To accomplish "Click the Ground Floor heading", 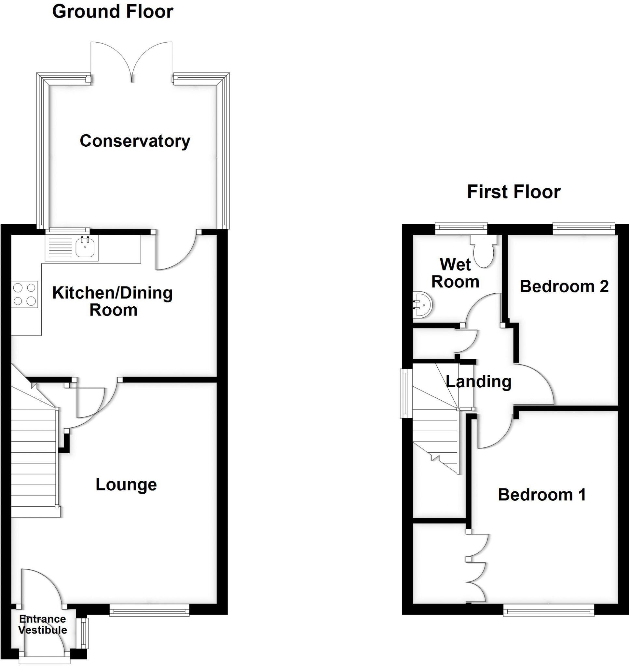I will coord(113,12).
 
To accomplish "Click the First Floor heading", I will coord(514,192).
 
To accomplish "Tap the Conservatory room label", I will coord(135,141).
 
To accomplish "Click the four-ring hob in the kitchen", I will coord(25,294).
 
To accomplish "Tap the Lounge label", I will coord(126,485).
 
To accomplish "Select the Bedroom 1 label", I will coord(542,495).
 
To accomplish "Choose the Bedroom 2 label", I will coord(564,286).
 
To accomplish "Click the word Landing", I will coord(478,381).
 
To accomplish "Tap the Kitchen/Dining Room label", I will coord(113,301).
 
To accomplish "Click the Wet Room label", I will coord(455,273).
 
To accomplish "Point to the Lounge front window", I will coord(150,610).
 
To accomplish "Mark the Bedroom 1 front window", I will coord(549,610).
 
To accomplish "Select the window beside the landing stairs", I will coord(406,393).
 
